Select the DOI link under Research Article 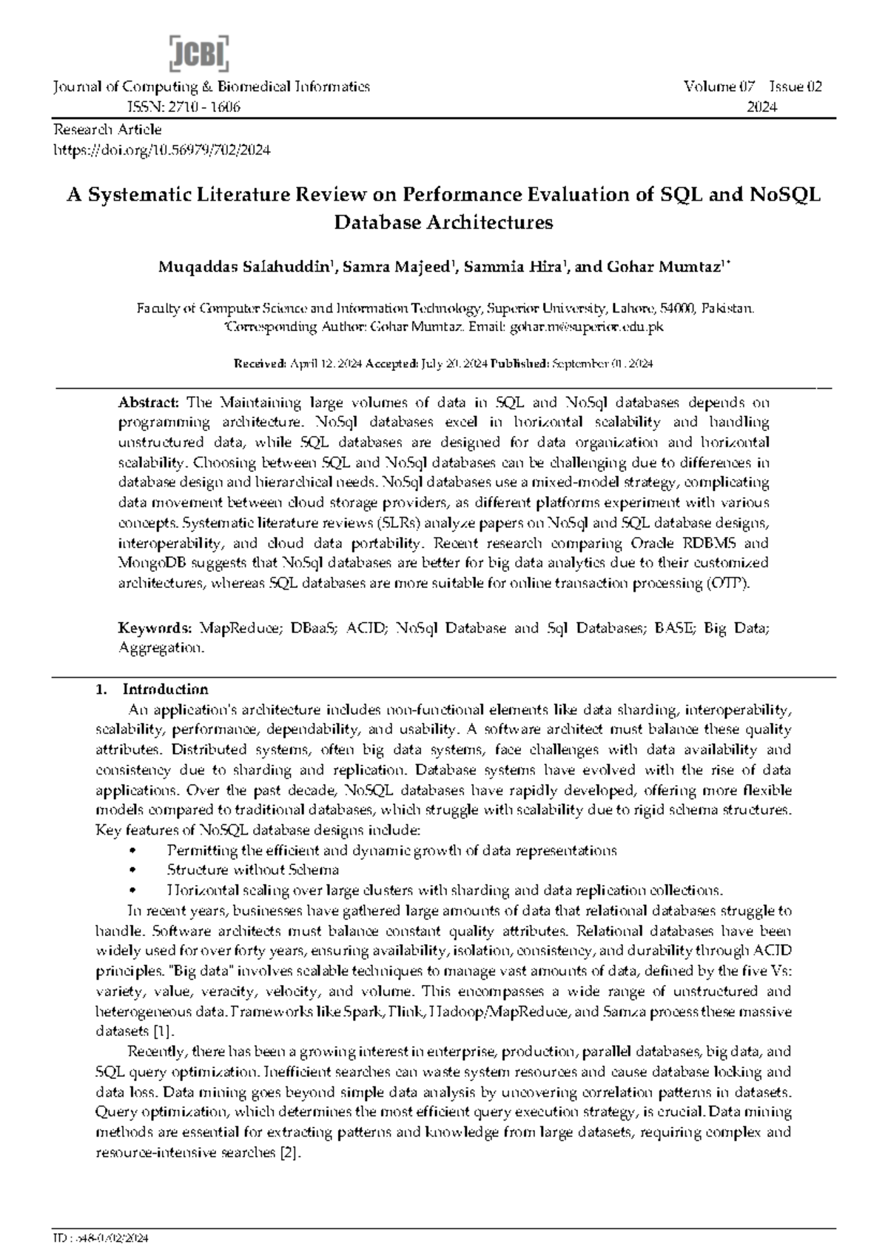(x=162, y=150)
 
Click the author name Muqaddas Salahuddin (x=243, y=267)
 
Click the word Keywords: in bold (x=155, y=628)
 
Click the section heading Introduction (x=165, y=689)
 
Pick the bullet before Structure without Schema (x=132, y=870)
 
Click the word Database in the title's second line (x=378, y=222)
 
